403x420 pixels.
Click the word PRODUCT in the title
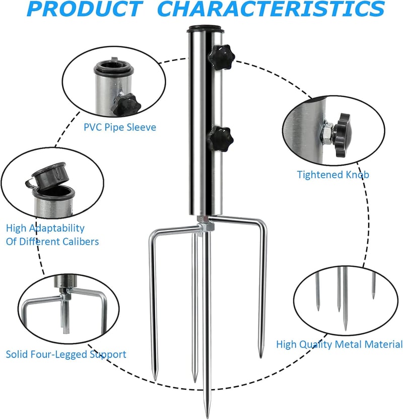tap(85, 9)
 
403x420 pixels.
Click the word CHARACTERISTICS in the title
tap(271, 9)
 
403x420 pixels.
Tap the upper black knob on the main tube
tap(221, 57)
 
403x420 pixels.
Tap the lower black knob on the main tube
tap(221, 139)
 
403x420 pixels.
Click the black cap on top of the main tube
tap(206, 29)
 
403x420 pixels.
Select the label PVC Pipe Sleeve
tap(120, 127)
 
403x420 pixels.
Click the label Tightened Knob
tap(333, 175)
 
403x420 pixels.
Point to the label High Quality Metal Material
tap(339, 344)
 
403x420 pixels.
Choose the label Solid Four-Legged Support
tap(66, 355)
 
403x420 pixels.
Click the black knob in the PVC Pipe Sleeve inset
tap(127, 104)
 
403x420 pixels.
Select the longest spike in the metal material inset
tap(345, 299)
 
